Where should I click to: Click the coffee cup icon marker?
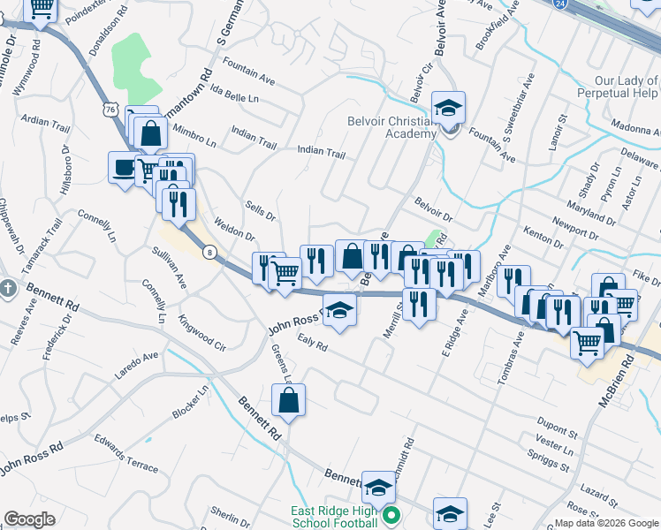tap(123, 167)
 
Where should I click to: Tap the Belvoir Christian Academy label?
tap(391, 127)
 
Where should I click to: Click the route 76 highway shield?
tap(110, 109)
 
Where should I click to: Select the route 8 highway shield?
tap(209, 253)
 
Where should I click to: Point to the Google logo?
tap(29, 519)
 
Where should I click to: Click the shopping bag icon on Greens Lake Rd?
tap(289, 401)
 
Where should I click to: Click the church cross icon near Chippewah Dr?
tap(8, 289)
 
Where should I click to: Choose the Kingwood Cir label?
tap(202, 329)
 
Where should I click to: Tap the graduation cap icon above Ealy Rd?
tap(339, 311)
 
